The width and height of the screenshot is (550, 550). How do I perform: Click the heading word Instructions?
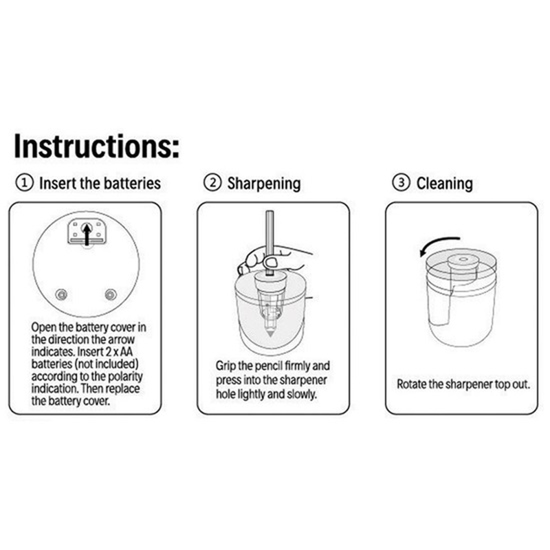coord(96,146)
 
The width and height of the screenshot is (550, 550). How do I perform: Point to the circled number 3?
coord(401,184)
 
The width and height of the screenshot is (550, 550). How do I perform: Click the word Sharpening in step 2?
coord(264,184)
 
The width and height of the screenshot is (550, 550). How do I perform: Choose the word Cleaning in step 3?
coord(444,184)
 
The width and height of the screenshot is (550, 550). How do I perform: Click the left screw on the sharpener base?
coord(62,294)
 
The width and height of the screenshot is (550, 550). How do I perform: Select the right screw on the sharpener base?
coord(110,294)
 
